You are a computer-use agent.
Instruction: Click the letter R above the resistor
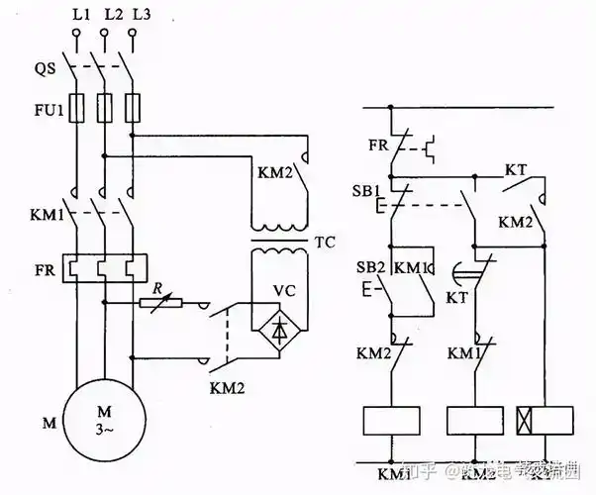155,286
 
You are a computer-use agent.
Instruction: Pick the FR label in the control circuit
377,145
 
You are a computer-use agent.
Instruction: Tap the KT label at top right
516,169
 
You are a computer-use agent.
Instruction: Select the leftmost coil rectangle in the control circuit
392,420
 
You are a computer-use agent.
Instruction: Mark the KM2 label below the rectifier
231,388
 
